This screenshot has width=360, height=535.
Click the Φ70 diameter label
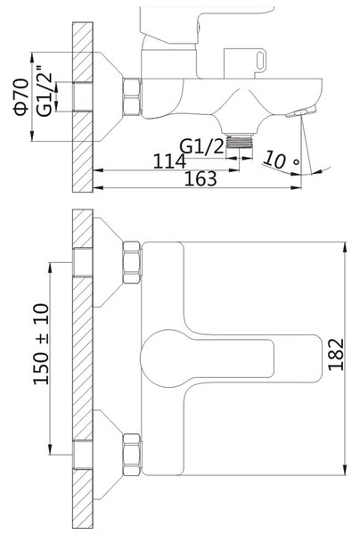21,97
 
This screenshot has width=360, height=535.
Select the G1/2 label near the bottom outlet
201,145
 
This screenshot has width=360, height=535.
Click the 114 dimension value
169,161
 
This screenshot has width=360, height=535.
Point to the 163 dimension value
200,179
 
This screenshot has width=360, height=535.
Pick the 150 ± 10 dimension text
41,344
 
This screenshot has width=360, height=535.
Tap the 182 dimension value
335,354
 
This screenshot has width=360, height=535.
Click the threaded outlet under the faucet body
240,141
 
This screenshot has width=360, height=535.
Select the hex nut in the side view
132,96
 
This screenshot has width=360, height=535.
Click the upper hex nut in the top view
132,262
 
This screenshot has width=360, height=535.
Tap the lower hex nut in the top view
132,455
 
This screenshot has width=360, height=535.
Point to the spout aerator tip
301,112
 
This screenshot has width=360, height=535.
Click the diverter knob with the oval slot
245,62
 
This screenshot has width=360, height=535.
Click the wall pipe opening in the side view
83,96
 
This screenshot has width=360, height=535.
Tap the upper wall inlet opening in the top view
83,262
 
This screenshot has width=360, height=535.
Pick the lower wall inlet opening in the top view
83,455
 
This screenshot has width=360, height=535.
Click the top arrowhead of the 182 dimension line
346,247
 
